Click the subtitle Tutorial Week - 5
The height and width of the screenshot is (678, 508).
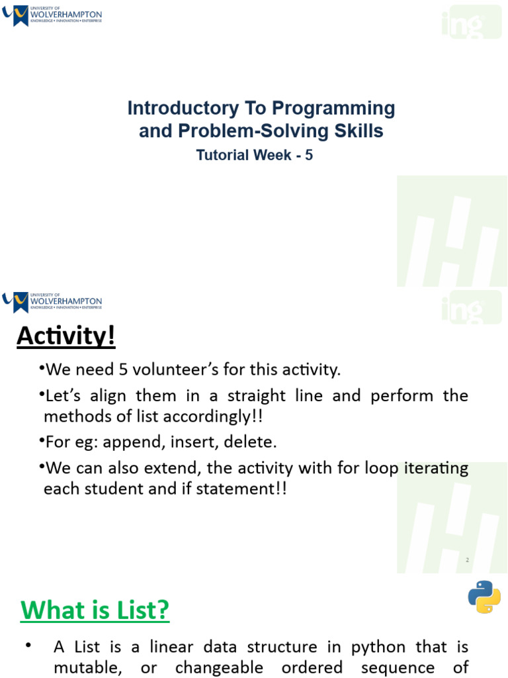click(x=254, y=155)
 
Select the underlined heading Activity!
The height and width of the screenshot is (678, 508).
click(x=65, y=336)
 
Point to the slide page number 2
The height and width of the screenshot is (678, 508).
click(x=467, y=560)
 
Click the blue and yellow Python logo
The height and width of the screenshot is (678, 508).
click(x=484, y=597)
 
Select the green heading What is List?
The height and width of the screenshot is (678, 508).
click(x=95, y=610)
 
